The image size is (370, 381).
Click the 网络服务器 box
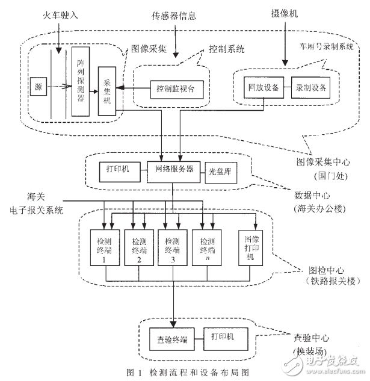[174, 170]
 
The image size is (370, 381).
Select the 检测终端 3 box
[173, 246]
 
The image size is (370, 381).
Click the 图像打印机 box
[251, 246]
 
